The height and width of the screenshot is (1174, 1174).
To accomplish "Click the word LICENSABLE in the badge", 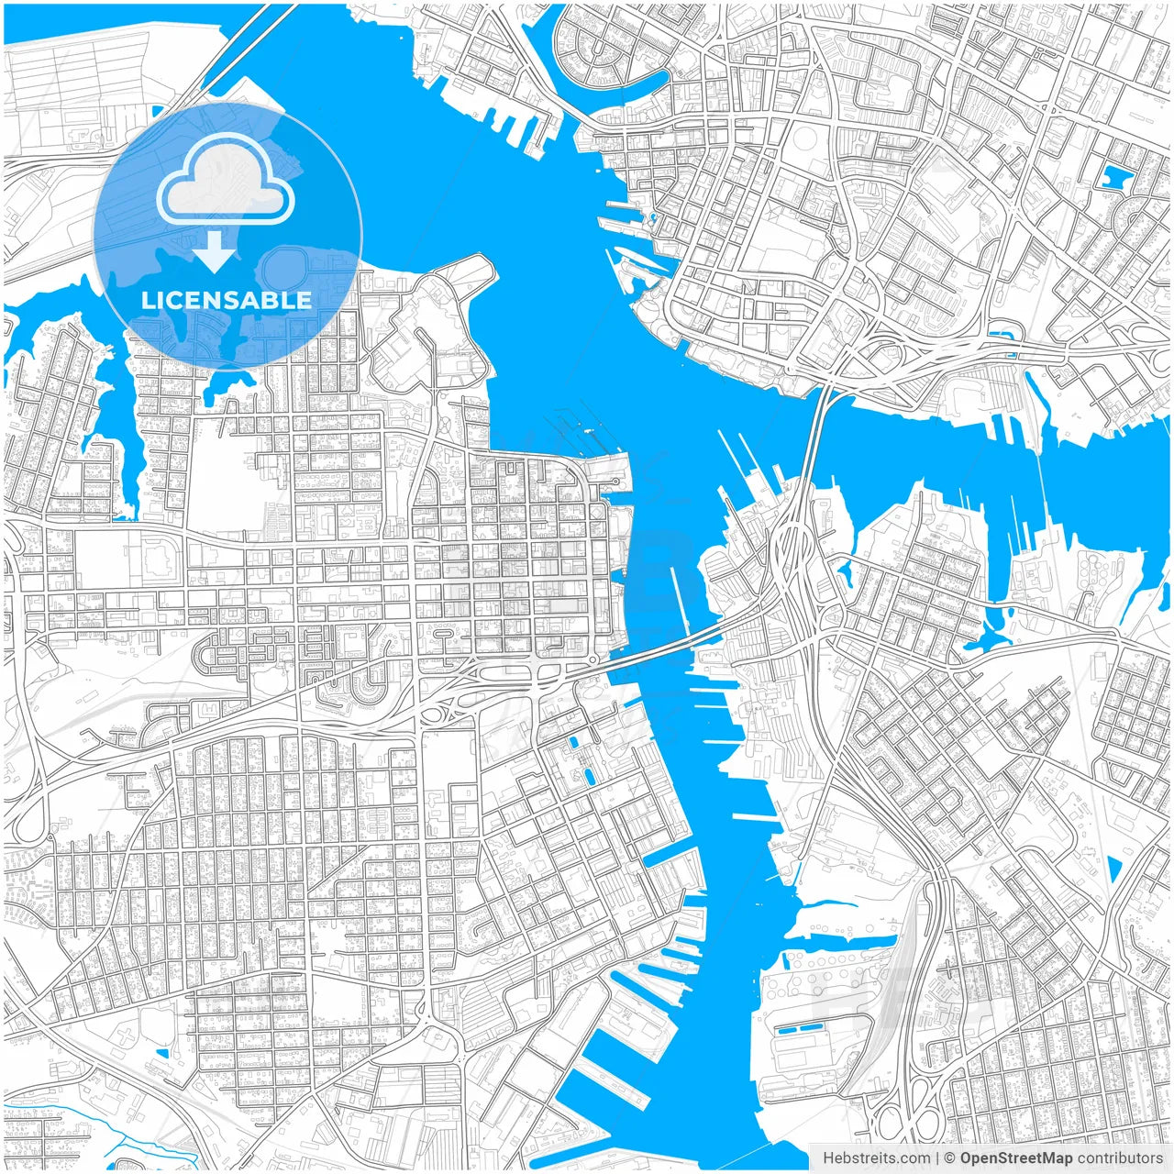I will click(227, 300).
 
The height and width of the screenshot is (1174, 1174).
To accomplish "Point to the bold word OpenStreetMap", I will click(1016, 1158).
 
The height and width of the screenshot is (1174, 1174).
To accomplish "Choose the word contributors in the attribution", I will click(1120, 1158).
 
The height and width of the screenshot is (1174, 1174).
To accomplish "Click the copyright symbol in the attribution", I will click(950, 1158).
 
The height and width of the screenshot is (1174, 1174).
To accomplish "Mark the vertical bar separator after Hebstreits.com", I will click(937, 1158).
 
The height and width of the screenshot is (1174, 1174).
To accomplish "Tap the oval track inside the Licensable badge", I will click(285, 271).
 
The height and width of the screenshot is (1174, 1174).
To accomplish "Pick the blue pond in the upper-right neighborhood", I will click(1117, 176).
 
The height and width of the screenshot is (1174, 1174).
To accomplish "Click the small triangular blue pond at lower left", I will click(161, 1051).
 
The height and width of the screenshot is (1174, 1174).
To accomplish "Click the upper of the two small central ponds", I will click(575, 742).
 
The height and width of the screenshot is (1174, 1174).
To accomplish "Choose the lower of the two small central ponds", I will click(588, 776).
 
